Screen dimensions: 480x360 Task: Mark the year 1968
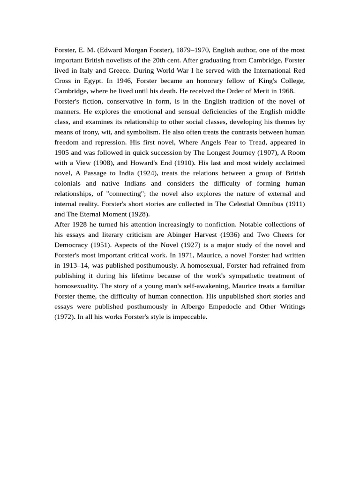285,91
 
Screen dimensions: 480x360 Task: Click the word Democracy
71,245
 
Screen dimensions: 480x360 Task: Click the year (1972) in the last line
64,317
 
